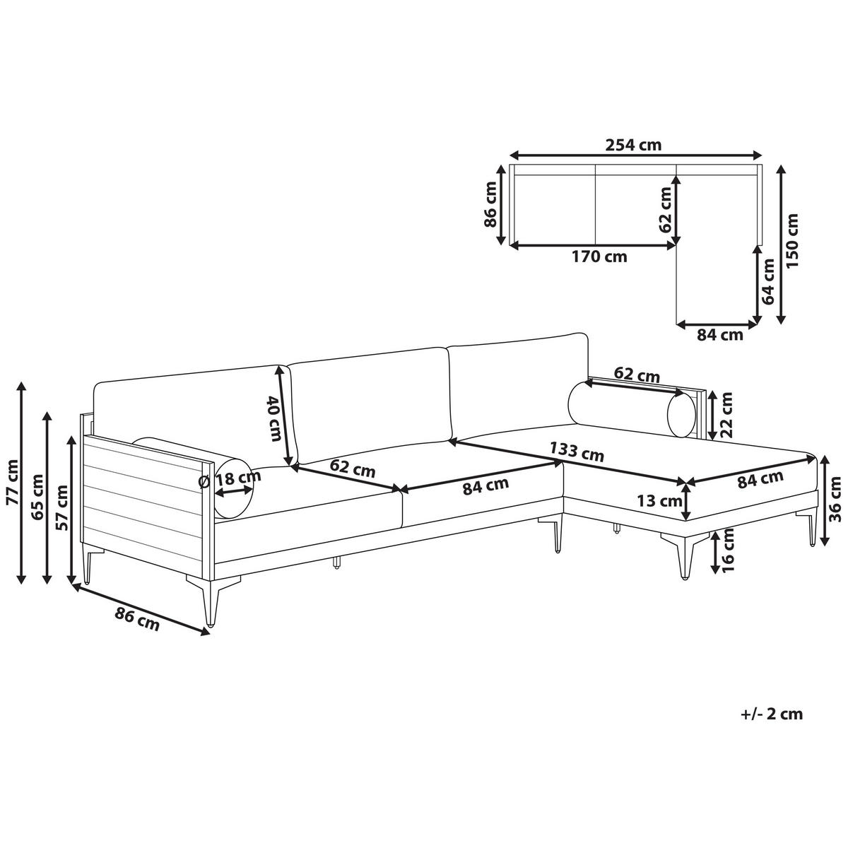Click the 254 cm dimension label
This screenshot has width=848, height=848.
click(x=633, y=145)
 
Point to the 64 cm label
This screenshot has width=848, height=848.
click(x=769, y=281)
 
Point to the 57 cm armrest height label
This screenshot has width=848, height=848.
click(x=61, y=509)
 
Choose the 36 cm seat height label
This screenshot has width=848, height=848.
click(x=835, y=498)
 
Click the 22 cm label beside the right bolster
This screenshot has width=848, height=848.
click(x=726, y=414)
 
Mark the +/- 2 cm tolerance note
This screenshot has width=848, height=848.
click(x=772, y=714)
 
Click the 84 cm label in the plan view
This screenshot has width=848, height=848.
click(x=720, y=335)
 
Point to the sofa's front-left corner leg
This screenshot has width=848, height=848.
click(x=209, y=601)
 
